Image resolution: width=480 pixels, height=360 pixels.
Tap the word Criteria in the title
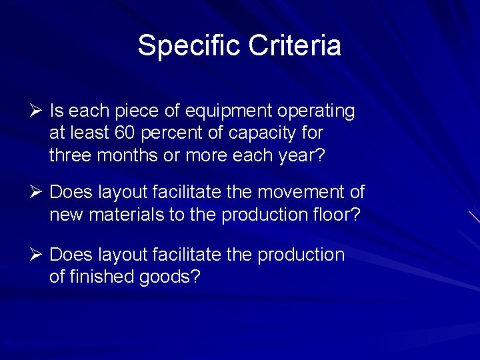295,46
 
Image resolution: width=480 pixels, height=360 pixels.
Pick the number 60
125,133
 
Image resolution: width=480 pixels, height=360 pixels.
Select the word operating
317,111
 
